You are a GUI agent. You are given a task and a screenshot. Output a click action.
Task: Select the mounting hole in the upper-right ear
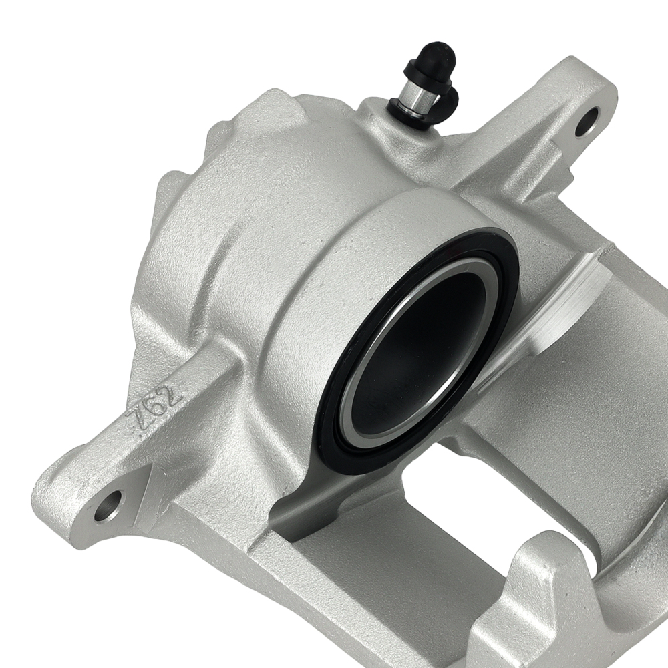point(587,121)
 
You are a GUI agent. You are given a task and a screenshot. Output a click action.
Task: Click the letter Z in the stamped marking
point(139,424)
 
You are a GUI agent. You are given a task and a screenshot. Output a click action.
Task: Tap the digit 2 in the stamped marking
point(171,393)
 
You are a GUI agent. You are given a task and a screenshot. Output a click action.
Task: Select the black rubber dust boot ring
point(334,428)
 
